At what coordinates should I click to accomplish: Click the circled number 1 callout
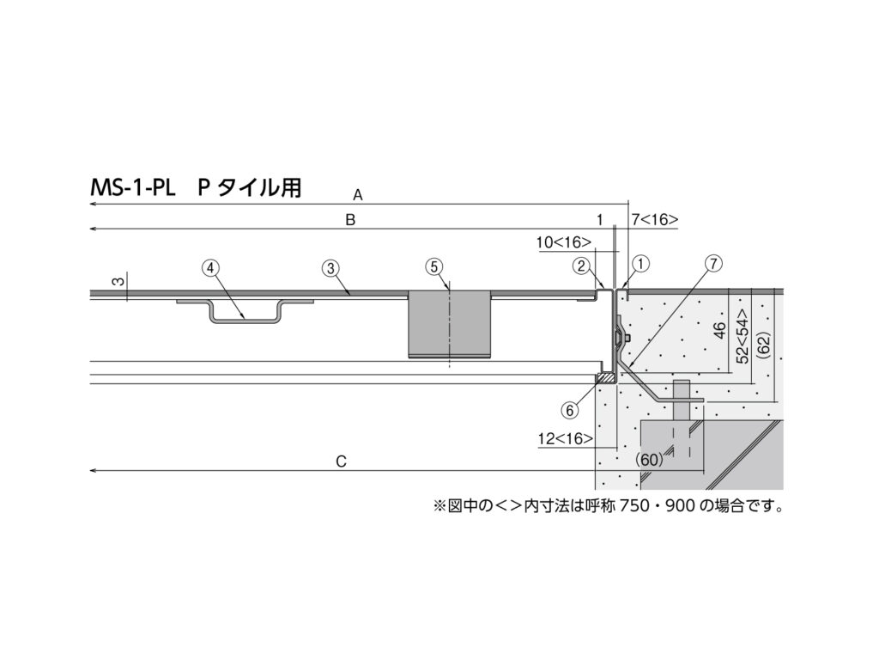point(641,263)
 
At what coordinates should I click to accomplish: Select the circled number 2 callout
point(581,265)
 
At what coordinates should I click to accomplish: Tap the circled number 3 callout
point(330,268)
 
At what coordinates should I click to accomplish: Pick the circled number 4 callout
point(210,268)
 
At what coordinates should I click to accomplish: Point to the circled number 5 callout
point(434,266)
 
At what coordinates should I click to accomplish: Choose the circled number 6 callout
point(570,410)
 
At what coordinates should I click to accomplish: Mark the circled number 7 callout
point(713,263)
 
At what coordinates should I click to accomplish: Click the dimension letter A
point(358,195)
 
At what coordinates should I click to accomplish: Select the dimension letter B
point(350,220)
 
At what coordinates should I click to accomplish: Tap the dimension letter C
point(341,461)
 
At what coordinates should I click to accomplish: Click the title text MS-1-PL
point(133,187)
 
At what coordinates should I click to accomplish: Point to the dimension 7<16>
point(654,219)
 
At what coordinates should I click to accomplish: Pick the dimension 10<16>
point(563,242)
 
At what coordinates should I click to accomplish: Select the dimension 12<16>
point(565,438)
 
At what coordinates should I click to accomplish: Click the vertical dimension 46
point(720,329)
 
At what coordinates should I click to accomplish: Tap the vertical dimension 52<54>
point(743,337)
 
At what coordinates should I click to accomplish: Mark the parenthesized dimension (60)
point(650,460)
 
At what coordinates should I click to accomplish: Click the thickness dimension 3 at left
point(118,281)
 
